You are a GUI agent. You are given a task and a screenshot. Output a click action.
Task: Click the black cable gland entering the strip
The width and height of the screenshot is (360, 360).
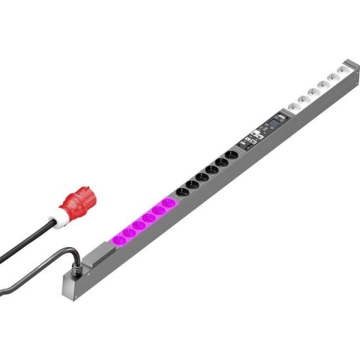click(76, 261)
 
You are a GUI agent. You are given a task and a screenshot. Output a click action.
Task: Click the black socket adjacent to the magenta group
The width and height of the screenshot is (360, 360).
click(181, 193)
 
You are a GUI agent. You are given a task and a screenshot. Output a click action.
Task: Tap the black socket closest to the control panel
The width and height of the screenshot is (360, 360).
click(231, 155)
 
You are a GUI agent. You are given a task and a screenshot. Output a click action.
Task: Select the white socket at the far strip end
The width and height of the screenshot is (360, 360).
click(343, 69)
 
